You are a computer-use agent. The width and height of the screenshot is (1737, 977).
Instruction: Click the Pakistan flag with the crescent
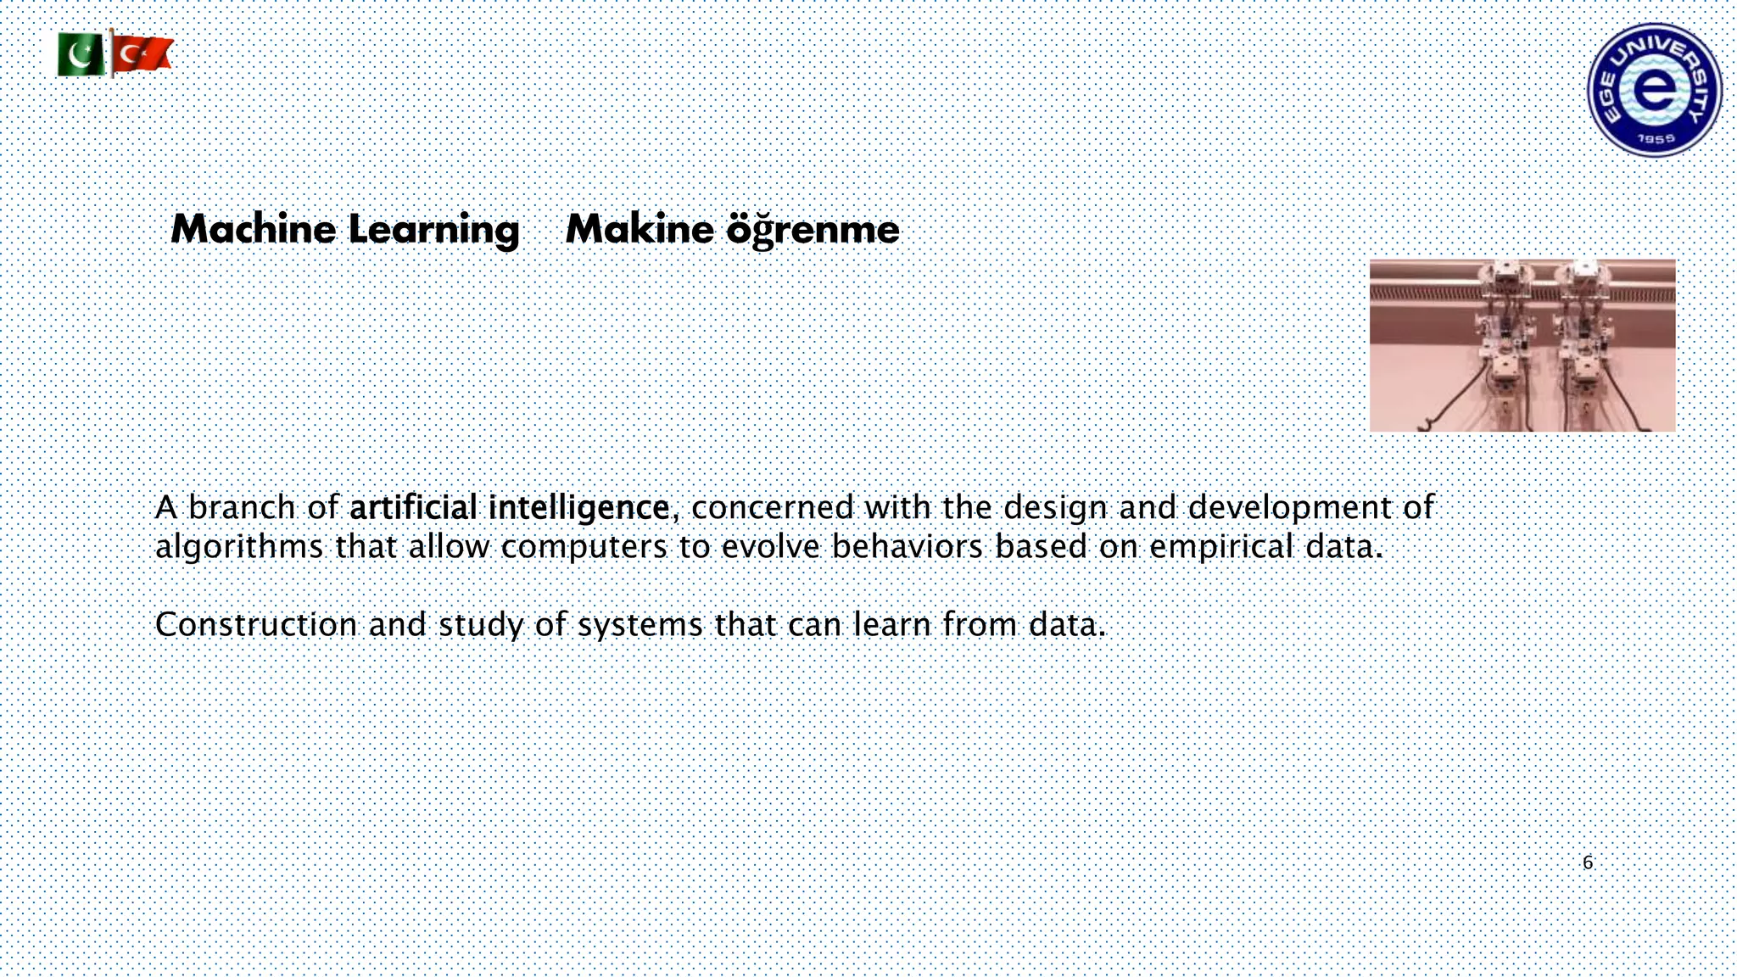tap(81, 56)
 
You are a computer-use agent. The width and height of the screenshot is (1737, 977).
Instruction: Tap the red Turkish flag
tap(142, 54)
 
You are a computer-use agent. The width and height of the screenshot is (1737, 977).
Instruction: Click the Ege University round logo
tap(1654, 90)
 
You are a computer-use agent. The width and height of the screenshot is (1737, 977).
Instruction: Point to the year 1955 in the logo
tap(1655, 138)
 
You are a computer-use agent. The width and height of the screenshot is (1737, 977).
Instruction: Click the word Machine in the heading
tap(254, 230)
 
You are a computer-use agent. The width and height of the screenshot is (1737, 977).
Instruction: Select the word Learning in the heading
tap(433, 230)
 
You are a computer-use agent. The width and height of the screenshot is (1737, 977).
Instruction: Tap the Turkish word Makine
tap(640, 230)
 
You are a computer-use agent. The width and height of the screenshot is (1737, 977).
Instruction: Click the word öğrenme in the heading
tap(813, 230)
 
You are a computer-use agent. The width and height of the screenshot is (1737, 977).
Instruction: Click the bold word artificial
tap(413, 507)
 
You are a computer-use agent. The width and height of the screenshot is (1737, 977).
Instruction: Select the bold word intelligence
tap(579, 507)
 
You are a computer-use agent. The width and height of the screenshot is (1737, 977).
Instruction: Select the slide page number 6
tap(1588, 863)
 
